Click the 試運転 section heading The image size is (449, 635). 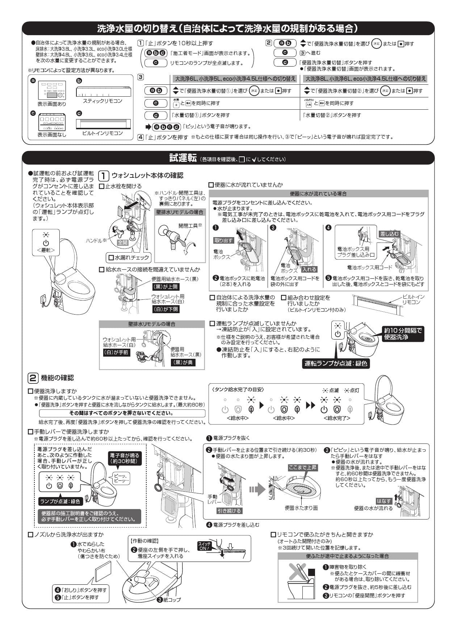point(183,158)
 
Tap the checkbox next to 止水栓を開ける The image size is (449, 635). point(102,186)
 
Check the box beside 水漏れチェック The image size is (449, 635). point(111,258)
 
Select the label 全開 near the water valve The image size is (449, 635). point(123,242)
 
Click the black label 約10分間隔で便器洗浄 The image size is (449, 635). point(403,333)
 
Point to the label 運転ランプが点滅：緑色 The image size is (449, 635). point(336,363)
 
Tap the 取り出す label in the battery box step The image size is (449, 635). point(223,240)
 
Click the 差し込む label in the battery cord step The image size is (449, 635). point(389,234)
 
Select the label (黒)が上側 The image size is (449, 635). point(165,286)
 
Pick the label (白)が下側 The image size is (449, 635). point(165,309)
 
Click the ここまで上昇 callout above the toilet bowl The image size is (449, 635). point(302,467)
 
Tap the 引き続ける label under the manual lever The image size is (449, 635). point(229,510)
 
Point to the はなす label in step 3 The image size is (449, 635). point(383,501)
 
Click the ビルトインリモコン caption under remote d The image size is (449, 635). point(102,133)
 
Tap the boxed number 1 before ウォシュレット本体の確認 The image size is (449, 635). point(104,176)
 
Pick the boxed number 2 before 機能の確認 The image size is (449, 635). point(32,378)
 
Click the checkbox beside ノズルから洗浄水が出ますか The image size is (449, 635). point(30,534)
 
